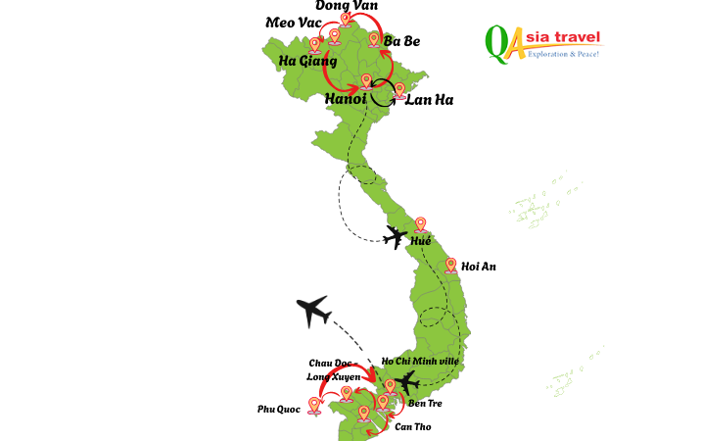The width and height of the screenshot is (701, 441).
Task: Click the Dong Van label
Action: tap(346, 6)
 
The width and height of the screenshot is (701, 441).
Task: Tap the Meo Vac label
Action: tap(294, 23)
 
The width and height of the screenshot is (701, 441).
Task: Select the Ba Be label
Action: tap(401, 41)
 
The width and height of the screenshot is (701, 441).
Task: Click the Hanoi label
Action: tap(345, 99)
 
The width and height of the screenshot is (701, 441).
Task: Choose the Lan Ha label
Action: tap(429, 100)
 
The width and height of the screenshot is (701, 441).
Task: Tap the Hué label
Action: tap(420, 241)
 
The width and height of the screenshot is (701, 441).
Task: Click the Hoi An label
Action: tap(478, 267)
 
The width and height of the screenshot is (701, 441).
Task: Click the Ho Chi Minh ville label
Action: tap(419, 362)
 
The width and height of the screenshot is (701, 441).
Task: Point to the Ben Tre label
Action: tap(425, 403)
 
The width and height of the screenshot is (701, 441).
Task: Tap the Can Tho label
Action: tap(412, 427)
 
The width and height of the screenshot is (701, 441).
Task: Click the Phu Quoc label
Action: tap(278, 410)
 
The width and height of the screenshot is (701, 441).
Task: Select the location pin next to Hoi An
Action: tap(450, 265)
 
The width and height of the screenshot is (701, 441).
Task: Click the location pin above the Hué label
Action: tap(421, 224)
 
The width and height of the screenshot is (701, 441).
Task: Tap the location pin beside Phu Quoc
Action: tap(314, 404)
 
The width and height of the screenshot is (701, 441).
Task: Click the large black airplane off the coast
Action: tap(313, 311)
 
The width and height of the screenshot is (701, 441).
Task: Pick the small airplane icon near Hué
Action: tap(396, 236)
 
